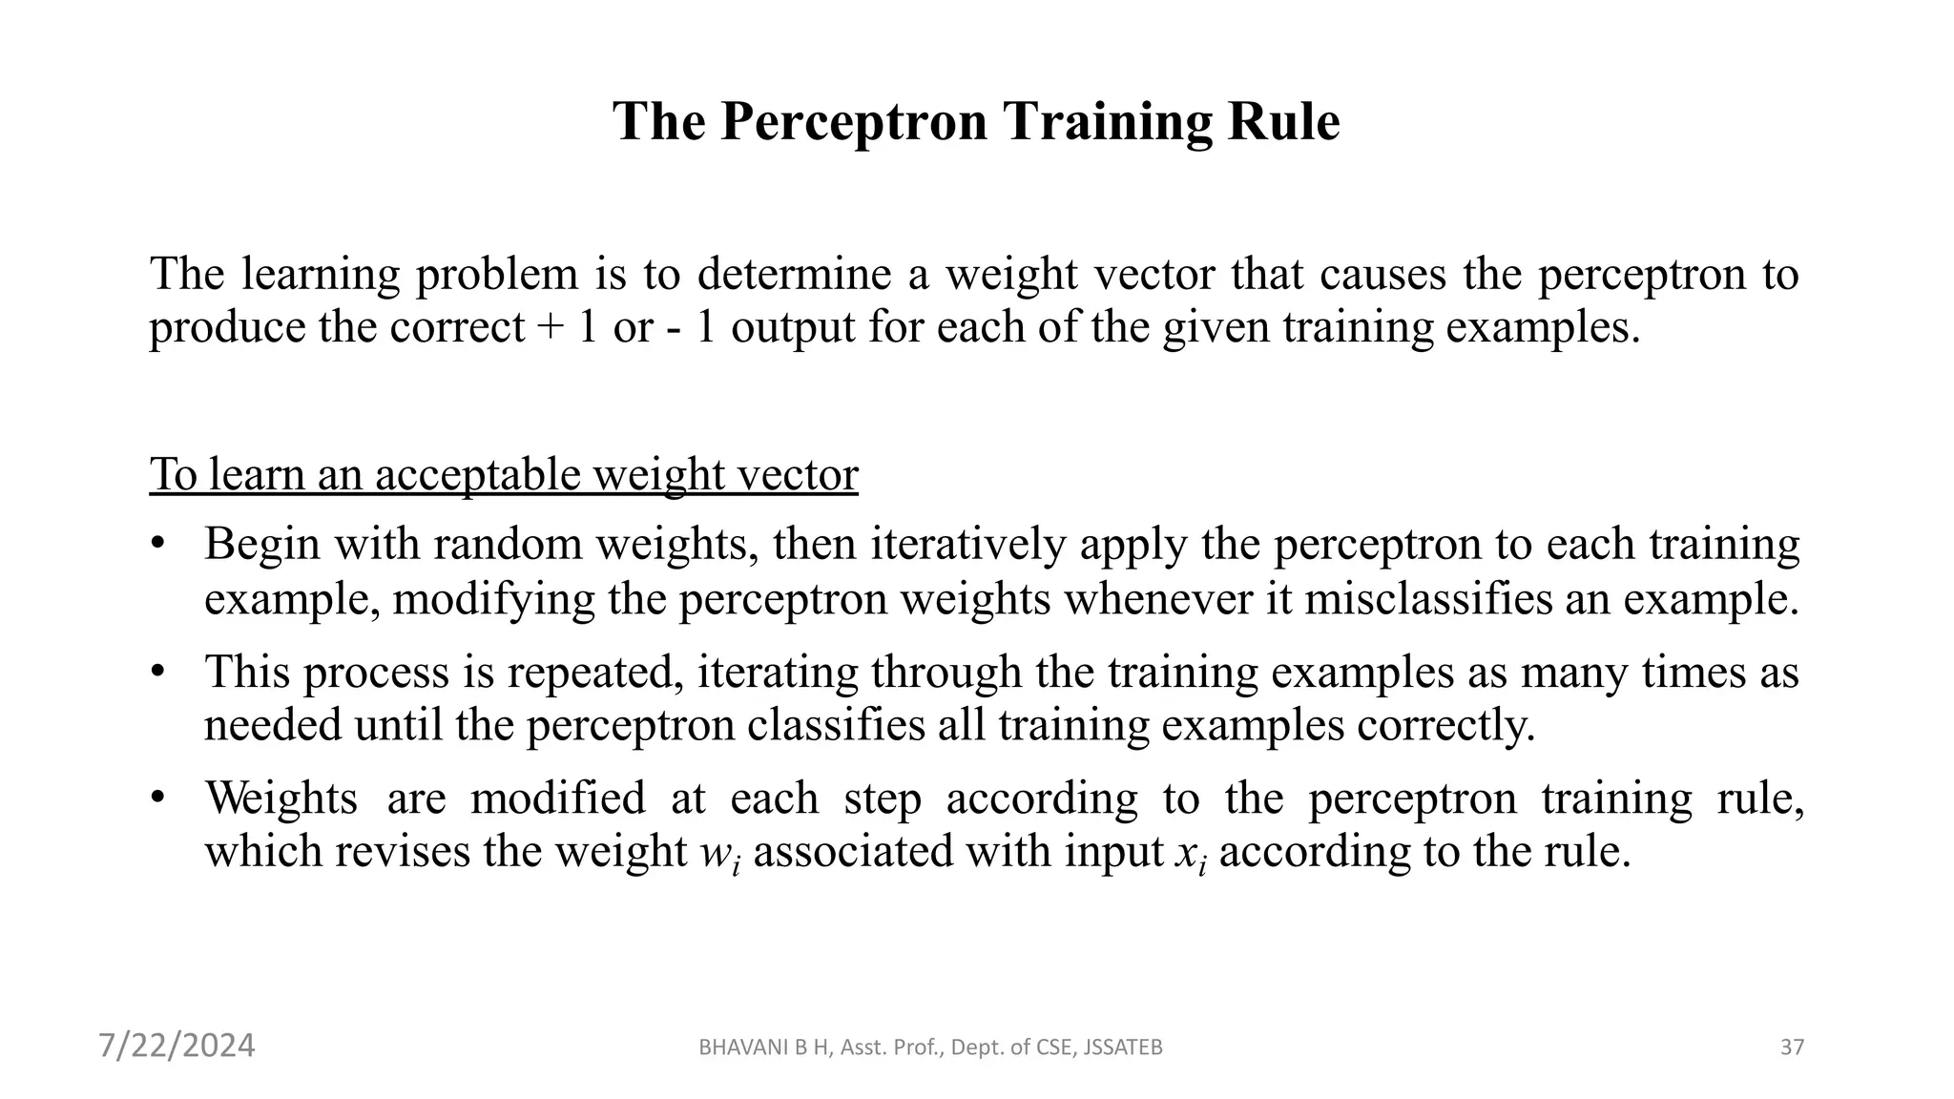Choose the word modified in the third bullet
click(x=558, y=798)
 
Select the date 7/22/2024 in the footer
click(x=177, y=1046)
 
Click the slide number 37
click(x=1792, y=1047)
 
